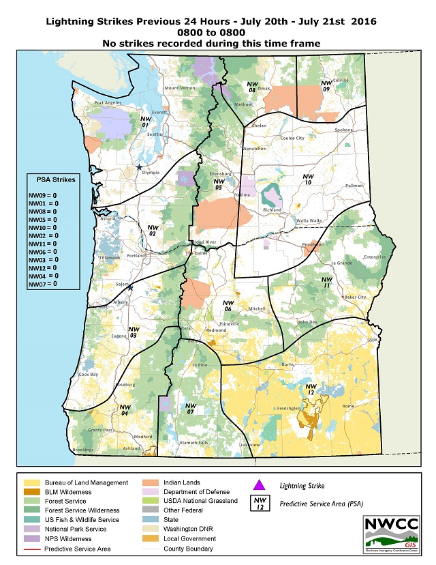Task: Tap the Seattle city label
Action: [x=155, y=134]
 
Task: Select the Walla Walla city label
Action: [x=315, y=220]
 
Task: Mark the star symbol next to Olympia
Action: [x=139, y=167]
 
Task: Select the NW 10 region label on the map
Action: [x=308, y=179]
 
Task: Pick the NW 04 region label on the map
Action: [x=125, y=410]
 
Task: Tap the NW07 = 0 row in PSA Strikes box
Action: [x=42, y=283]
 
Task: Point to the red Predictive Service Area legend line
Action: [x=30, y=549]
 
